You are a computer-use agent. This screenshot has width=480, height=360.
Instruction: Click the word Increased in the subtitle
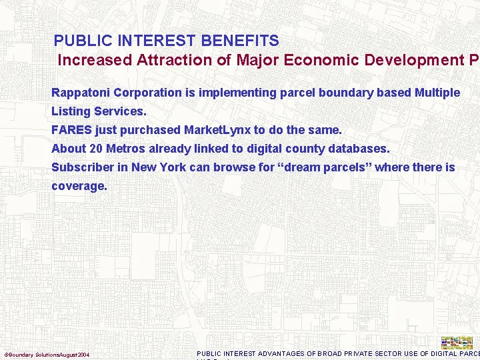(x=95, y=60)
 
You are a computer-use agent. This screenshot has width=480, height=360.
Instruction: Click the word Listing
(x=71, y=111)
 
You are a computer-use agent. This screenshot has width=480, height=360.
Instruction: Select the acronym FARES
(x=72, y=130)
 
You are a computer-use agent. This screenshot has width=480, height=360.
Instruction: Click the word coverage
(x=79, y=186)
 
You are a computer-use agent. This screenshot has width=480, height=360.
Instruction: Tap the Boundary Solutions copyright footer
(x=47, y=354)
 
